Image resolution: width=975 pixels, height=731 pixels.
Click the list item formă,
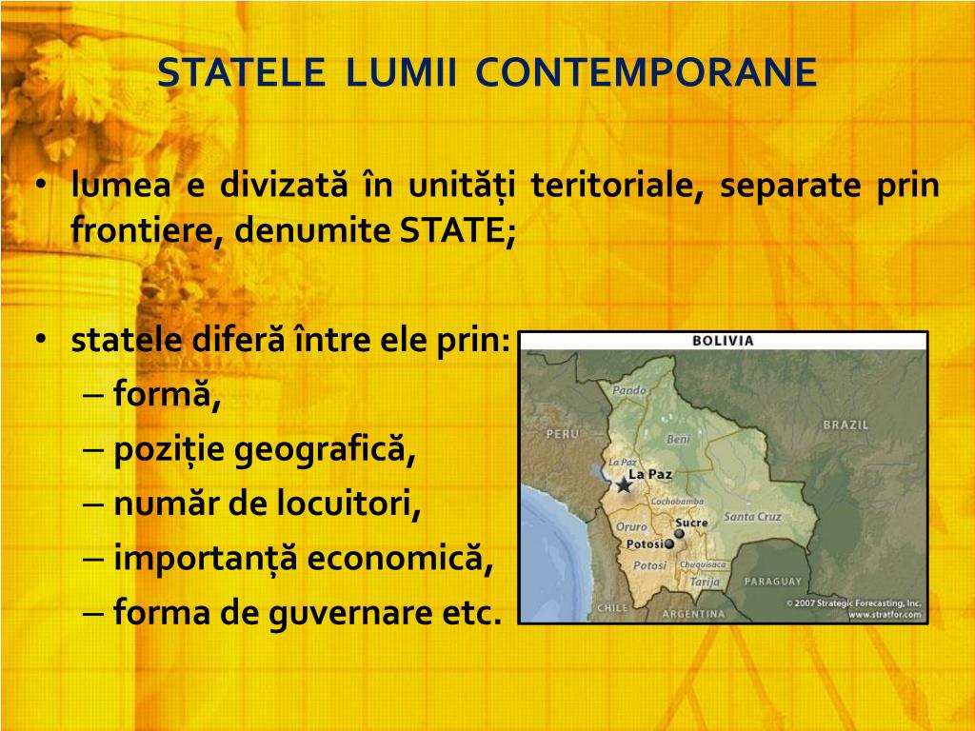coord(167,392)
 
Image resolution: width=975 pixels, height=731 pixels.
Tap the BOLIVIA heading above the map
coord(723,341)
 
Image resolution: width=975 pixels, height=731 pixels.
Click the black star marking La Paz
coord(624,484)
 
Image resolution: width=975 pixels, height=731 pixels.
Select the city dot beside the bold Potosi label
coord(669,543)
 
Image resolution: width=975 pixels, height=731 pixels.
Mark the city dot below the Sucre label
coord(679,534)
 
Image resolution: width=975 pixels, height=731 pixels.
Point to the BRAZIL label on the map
coord(846,425)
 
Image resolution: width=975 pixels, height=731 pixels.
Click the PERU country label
coord(562,434)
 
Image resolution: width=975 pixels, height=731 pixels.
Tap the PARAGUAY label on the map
coord(772,581)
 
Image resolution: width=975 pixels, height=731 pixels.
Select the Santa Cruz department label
coord(752,517)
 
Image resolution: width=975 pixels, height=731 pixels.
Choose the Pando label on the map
coord(629,390)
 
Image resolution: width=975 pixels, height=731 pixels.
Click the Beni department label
coord(678,440)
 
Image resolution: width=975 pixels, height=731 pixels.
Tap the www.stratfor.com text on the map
coord(885,615)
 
